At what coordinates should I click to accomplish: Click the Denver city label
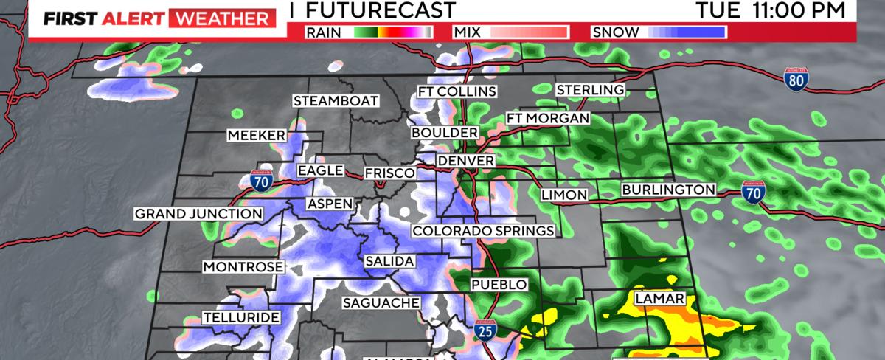[x=465, y=161]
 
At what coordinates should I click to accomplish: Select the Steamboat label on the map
[x=336, y=101]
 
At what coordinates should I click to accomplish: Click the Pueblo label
[x=499, y=285]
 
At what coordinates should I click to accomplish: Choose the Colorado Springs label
[x=483, y=232]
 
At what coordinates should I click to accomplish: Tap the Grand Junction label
[x=198, y=215]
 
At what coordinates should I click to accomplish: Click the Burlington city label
[x=668, y=190]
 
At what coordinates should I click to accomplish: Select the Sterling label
[x=590, y=90]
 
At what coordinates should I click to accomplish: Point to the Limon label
[x=563, y=195]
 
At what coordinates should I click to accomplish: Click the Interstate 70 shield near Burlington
[x=753, y=192]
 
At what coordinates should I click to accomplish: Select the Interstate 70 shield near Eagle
[x=264, y=179]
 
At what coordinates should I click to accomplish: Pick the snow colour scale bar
[x=688, y=32]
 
